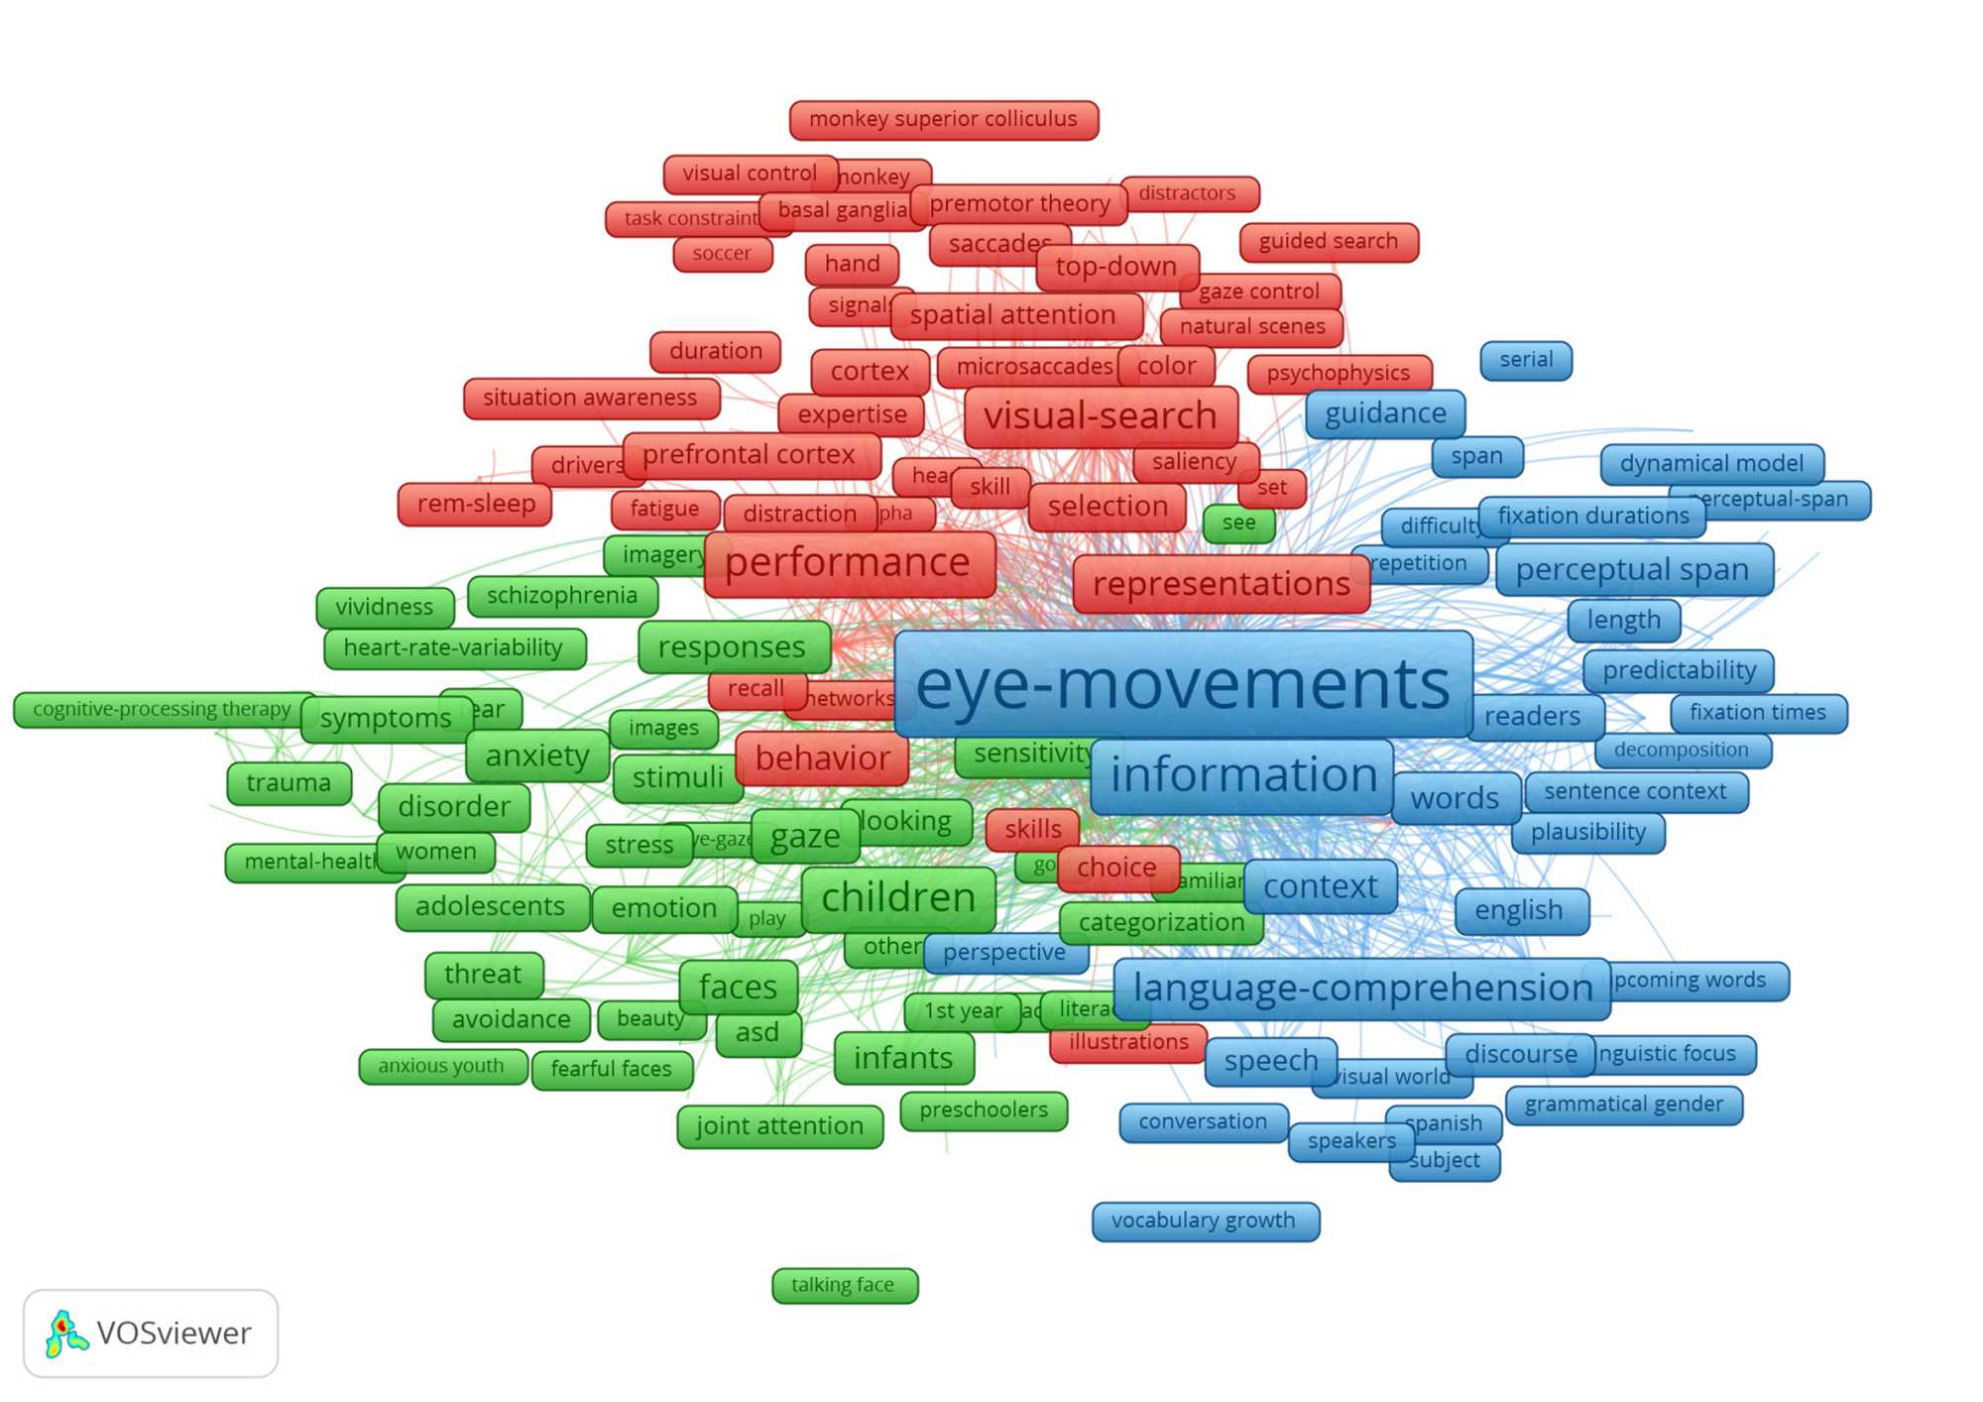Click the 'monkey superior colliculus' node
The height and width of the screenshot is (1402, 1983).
pos(943,120)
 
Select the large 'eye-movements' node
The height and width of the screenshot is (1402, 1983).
pos(1183,684)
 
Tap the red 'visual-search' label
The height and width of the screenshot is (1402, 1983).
pos(1101,416)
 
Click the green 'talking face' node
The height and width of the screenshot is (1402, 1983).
pos(844,1285)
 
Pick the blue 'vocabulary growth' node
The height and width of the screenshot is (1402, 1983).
pos(1205,1221)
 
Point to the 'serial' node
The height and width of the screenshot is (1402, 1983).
pos(1526,360)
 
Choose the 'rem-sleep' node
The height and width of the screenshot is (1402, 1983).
pos(476,504)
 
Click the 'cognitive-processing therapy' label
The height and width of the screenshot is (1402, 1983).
pos(163,709)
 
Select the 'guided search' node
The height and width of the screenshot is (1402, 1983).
pos(1329,242)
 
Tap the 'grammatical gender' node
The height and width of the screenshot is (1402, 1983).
pos(1623,1105)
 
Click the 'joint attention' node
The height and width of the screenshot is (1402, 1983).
pos(779,1126)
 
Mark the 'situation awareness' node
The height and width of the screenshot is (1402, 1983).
pos(591,398)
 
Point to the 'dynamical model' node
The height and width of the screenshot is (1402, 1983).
pos(1711,464)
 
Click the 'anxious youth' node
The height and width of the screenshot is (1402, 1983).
pos(442,1066)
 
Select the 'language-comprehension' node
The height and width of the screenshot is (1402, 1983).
pos(1361,989)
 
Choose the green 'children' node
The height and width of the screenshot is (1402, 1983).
pos(898,898)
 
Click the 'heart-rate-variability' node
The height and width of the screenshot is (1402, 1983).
pos(454,648)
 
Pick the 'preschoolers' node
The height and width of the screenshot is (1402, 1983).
pos(984,1110)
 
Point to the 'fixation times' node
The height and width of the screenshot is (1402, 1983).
pos(1758,713)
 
